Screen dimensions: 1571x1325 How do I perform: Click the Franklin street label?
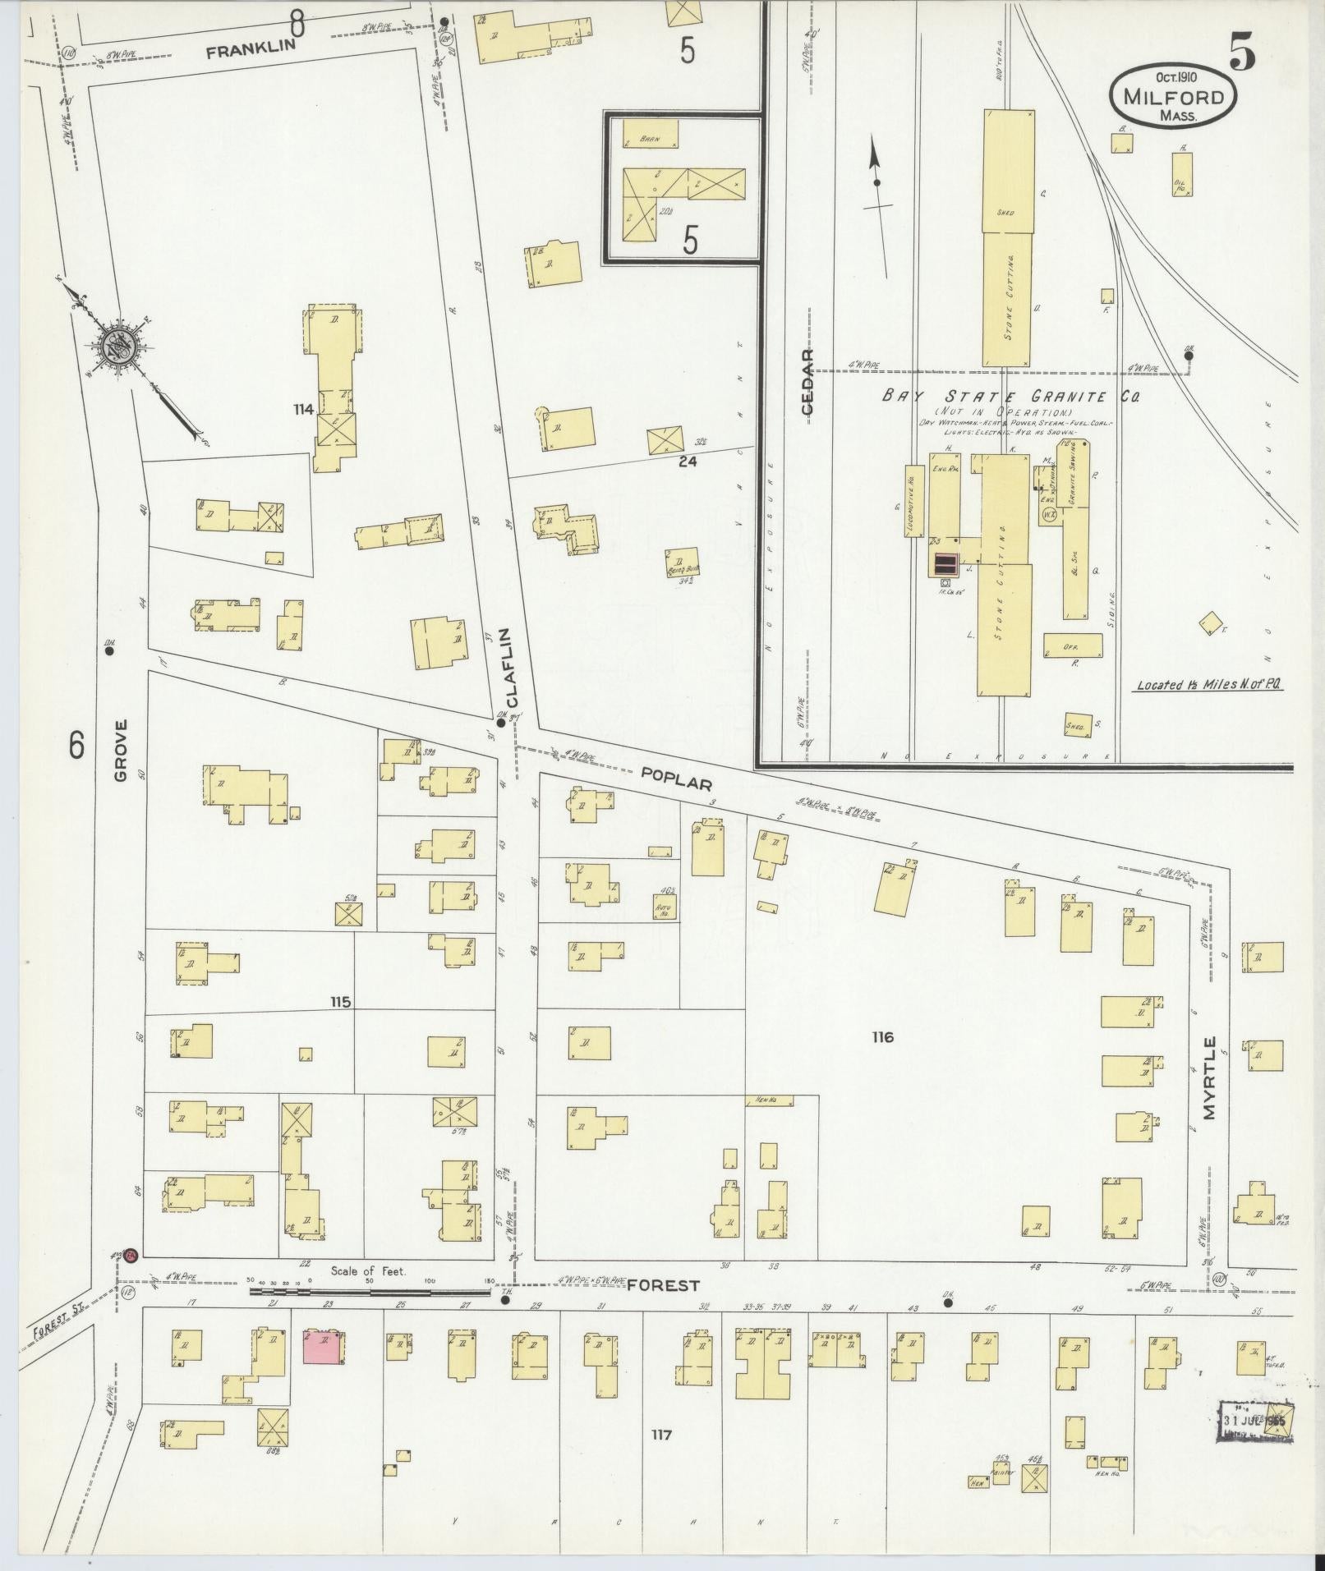coord(250,51)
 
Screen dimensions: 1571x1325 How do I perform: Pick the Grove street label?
coord(122,751)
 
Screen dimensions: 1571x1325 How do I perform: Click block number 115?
coord(340,1002)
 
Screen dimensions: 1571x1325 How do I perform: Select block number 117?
coord(661,1435)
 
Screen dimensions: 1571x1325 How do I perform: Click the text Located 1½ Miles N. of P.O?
coord(1210,684)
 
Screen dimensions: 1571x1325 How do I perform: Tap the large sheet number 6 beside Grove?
coord(76,745)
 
